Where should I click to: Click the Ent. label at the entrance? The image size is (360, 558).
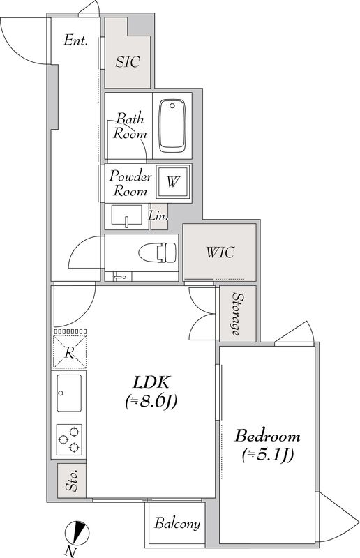pos(75,40)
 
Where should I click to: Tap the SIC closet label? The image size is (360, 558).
pos(128,62)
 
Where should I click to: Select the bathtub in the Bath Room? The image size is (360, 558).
pos(173,126)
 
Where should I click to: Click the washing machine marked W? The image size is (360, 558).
pos(173,182)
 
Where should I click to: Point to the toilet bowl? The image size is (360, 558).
pos(158,252)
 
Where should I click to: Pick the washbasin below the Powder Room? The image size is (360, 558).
pos(126,216)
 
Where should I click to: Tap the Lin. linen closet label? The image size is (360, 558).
pos(158,216)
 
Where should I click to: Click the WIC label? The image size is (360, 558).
pos(220,252)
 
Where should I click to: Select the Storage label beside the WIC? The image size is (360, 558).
pos(237,314)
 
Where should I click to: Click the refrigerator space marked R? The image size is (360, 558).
pos(70,352)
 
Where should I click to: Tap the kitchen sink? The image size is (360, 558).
pos(69,393)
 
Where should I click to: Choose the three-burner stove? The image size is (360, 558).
pos(69,439)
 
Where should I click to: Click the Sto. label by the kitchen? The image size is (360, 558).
pos(72,481)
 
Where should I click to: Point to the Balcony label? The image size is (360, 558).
pos(177,524)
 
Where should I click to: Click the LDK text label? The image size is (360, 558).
pos(151,382)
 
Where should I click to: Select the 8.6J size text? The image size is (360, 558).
pos(151,402)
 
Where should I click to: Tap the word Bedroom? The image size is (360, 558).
pos(267,437)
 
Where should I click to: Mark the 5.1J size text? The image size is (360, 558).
pos(267,455)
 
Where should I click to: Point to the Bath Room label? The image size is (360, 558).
pos(130,126)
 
